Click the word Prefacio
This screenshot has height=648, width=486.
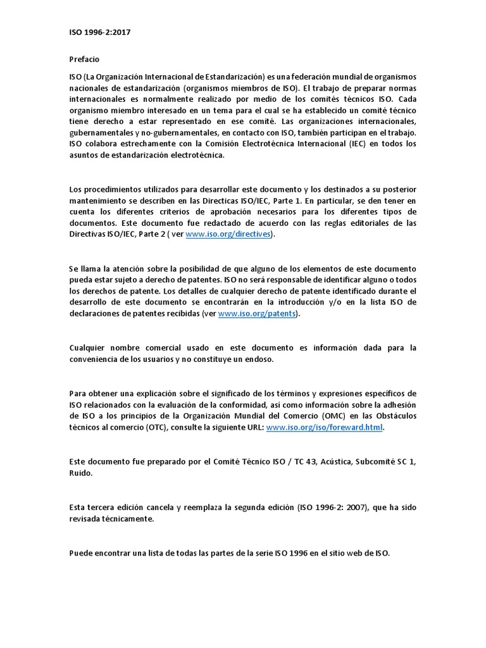click(84, 59)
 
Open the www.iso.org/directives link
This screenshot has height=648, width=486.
click(228, 234)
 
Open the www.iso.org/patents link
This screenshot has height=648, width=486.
click(257, 314)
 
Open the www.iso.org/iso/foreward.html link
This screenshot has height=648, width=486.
click(325, 428)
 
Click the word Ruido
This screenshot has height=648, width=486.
click(80, 473)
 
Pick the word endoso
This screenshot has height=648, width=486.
click(257, 359)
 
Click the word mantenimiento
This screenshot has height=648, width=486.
click(97, 200)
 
